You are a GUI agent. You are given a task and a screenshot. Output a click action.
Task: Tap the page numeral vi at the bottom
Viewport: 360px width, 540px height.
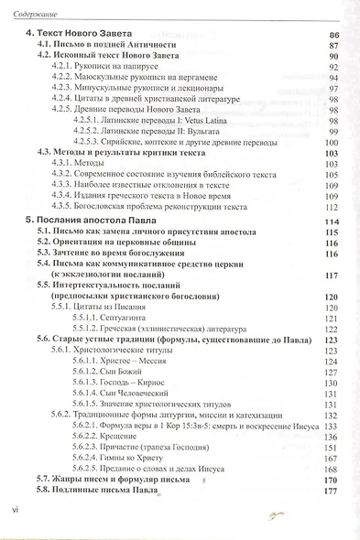coord(12,507)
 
